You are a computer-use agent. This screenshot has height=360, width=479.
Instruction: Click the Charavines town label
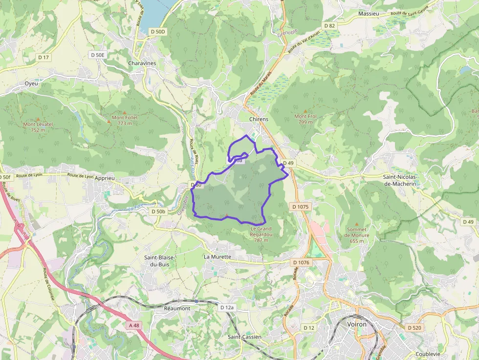coord(142,64)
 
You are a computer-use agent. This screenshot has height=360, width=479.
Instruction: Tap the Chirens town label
coord(259,119)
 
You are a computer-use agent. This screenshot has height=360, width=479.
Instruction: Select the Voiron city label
coord(356,324)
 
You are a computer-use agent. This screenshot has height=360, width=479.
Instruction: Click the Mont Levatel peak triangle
coord(38,119)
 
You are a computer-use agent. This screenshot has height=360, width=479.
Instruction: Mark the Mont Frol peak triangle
coord(305,111)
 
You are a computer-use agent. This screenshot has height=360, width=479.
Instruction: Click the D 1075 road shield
coord(300,207)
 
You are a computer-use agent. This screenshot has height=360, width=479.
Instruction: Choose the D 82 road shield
coord(329,25)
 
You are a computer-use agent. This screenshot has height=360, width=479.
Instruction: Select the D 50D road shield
coord(158,31)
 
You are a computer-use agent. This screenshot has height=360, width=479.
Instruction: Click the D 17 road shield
coord(44,57)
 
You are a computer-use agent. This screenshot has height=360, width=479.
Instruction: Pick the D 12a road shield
coord(227,308)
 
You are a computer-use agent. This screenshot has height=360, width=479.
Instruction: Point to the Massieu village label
coord(369,14)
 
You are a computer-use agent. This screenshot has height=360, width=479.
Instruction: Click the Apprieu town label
coord(105,178)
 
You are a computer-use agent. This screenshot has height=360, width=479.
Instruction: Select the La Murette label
coord(218,256)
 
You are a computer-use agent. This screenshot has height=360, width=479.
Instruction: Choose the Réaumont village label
coord(177,308)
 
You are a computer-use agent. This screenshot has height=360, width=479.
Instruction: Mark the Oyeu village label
coord(31,84)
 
